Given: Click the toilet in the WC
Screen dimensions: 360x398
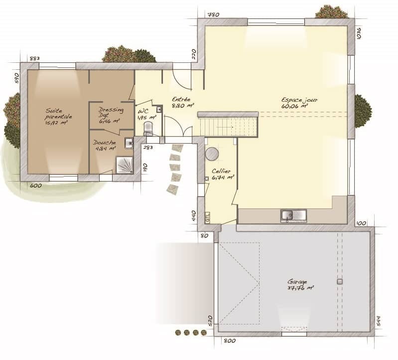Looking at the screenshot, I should point(148,129).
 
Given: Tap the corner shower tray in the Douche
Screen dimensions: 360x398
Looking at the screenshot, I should point(125,165).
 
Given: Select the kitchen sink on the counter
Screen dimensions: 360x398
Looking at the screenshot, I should point(293,215).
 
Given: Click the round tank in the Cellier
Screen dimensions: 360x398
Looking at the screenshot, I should point(212,154).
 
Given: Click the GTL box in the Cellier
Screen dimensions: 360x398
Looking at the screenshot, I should point(207,217).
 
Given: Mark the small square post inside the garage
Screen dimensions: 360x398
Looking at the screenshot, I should point(340,282).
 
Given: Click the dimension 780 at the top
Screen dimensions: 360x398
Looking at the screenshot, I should point(213,15).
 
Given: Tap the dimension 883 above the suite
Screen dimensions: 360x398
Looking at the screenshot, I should point(34,58).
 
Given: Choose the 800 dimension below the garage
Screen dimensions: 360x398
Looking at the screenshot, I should point(229,341).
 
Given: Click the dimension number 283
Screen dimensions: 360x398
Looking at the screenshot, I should point(148,148).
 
